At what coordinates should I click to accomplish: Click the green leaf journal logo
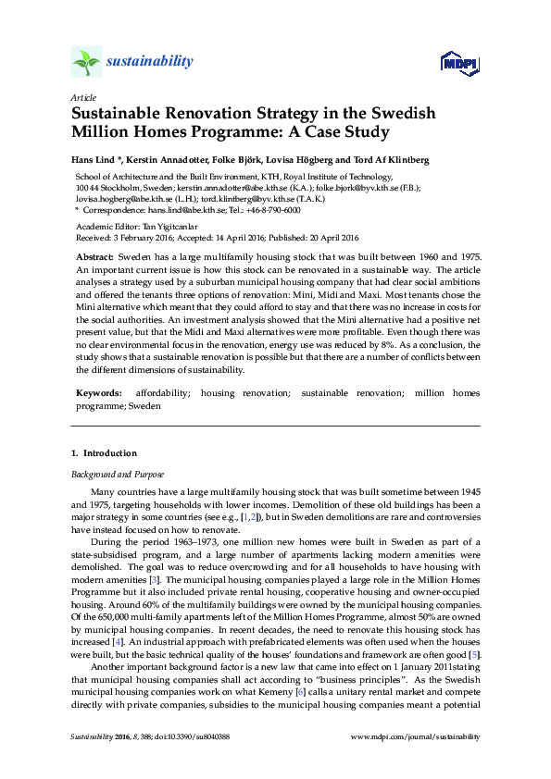(x=85, y=62)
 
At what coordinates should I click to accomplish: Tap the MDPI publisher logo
(x=456, y=63)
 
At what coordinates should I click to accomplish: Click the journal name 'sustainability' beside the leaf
(x=151, y=62)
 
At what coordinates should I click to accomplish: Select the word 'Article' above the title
(x=81, y=96)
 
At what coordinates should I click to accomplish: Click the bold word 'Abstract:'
(x=94, y=254)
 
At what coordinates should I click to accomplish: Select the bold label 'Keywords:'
(x=98, y=393)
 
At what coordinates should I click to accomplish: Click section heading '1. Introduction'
(x=104, y=453)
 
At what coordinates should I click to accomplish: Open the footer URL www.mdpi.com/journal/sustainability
(x=417, y=737)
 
